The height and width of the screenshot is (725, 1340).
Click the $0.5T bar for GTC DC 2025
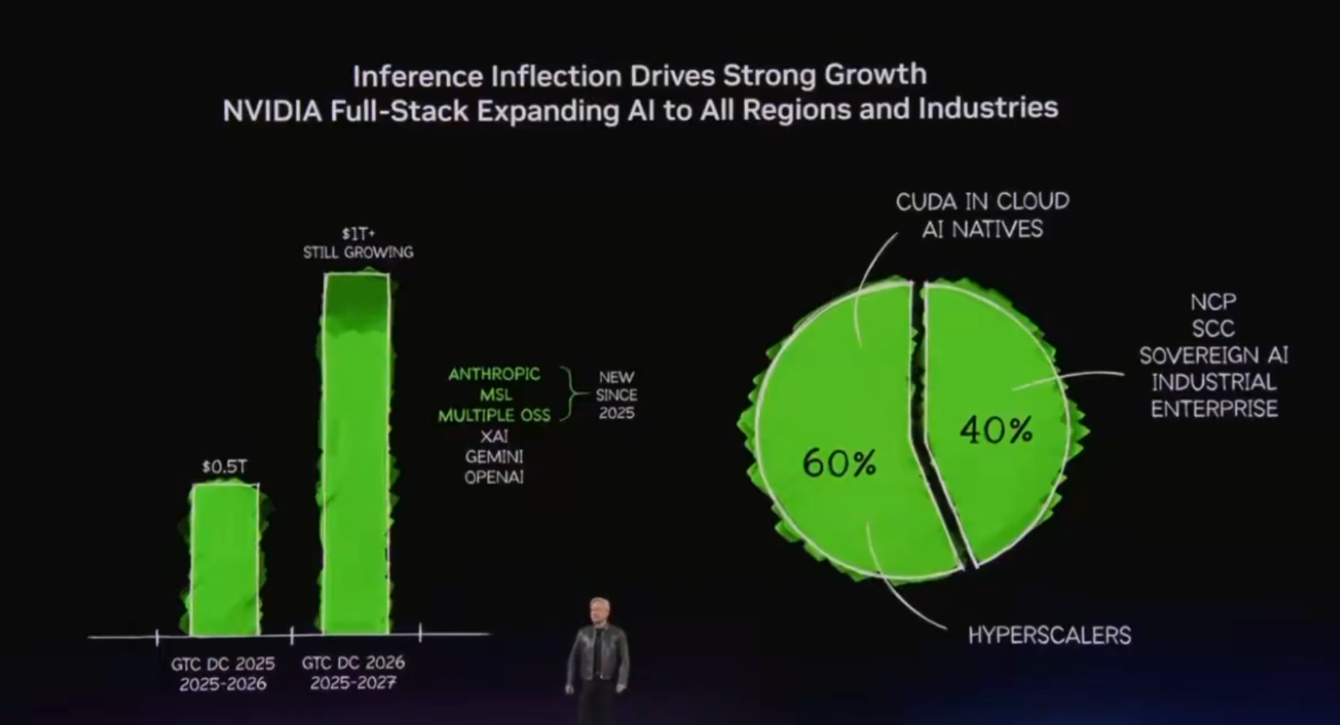tap(225, 559)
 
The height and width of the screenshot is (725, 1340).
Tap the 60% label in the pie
tap(839, 463)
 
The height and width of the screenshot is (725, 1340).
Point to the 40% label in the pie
tap(996, 429)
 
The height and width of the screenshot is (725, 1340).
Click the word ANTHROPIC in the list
tap(494, 374)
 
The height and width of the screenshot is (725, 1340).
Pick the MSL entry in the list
tap(495, 395)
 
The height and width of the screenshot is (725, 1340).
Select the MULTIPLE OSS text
tap(494, 415)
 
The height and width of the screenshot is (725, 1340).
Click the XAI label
tap(494, 436)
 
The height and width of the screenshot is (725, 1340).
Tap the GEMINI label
tap(494, 457)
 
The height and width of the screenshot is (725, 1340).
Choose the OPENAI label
tap(494, 477)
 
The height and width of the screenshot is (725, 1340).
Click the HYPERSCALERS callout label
tap(1049, 636)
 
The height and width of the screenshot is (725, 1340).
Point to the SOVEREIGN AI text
tap(1213, 355)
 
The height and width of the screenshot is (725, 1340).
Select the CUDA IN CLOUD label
tap(982, 202)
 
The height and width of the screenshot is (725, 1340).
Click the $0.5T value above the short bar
tap(224, 467)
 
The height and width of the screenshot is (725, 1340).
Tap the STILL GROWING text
tap(358, 252)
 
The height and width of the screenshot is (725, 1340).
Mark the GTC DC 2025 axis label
tap(223, 664)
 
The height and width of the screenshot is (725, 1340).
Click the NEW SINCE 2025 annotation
tap(616, 395)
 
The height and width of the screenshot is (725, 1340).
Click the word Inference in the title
tap(418, 76)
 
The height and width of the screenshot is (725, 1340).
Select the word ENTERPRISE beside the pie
tap(1214, 409)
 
